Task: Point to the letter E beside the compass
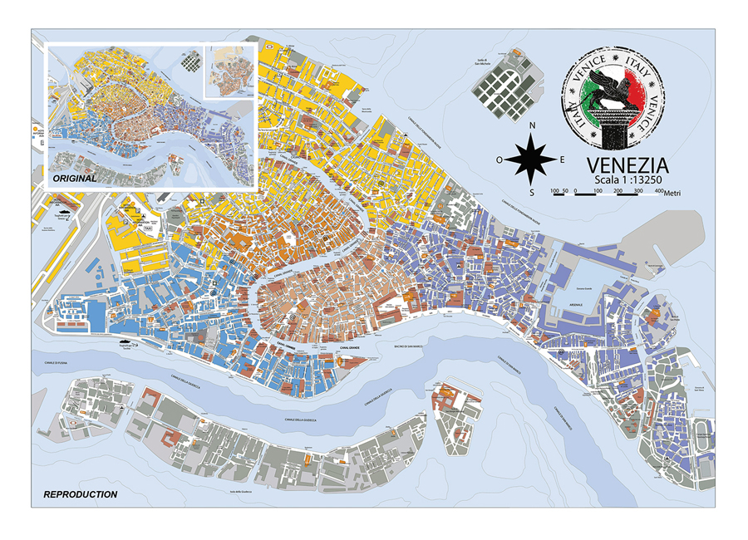coord(563,160)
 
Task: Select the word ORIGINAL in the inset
coord(75,179)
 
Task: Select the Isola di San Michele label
coord(481,61)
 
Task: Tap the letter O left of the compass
coord(499,160)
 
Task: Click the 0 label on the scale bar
coord(576,192)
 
